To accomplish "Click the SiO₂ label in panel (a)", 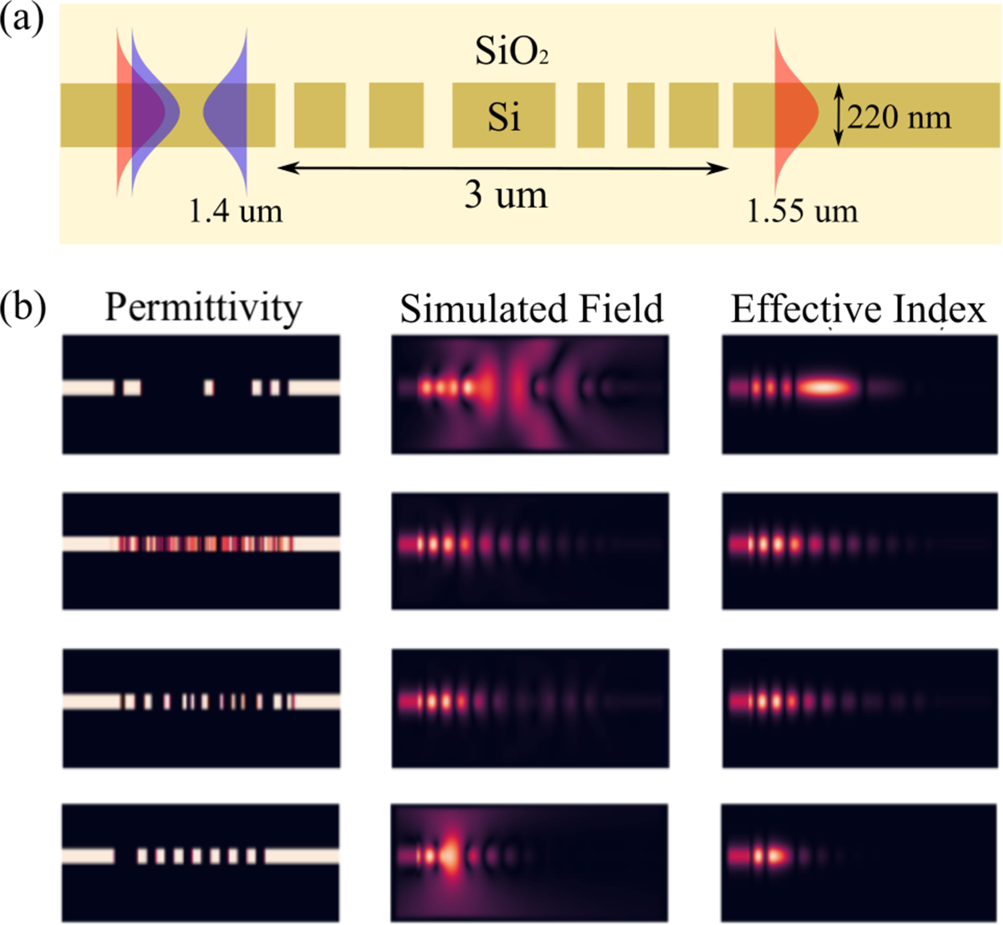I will (512, 52).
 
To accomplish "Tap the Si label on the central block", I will (504, 118).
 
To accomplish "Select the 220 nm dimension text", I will (899, 118).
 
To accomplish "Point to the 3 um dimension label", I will (506, 195).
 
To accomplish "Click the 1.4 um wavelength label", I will (235, 211).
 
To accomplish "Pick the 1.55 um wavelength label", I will (802, 211).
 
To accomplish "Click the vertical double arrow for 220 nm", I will (838, 115).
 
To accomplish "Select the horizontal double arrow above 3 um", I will (503, 168).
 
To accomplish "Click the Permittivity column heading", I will (203, 308).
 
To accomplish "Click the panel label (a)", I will (22, 19).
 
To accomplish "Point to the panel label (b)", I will (23, 307).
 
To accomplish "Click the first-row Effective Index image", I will (859, 394).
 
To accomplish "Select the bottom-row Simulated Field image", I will (529, 862).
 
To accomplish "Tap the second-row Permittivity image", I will (201, 551).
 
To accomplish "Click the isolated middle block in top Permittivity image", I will (209, 388).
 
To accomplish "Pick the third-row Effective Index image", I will (859, 708).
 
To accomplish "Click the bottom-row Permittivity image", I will (201, 862).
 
